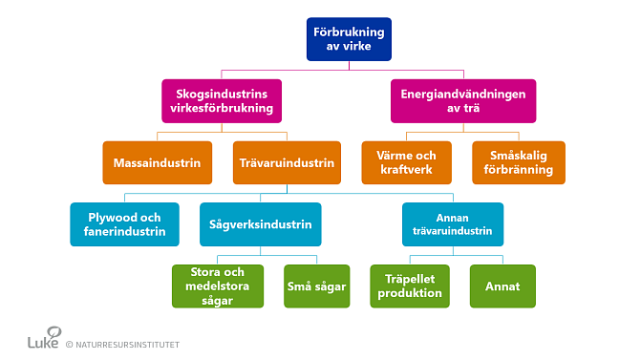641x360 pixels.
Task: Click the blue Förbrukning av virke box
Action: pos(349,39)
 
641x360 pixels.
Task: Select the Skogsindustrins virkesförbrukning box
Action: pos(222,100)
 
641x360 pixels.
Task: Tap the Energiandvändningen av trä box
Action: pos(463,100)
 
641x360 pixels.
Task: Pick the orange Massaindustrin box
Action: pos(157,162)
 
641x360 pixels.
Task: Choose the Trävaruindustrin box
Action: pos(286,162)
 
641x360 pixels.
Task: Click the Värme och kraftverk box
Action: pos(406,162)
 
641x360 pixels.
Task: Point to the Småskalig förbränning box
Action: pos(519,162)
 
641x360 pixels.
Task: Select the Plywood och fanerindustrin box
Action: pos(124,223)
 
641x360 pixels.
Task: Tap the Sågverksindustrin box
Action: pos(261,223)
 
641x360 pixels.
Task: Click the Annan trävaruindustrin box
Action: pos(452,223)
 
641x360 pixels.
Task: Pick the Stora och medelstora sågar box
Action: pos(219,286)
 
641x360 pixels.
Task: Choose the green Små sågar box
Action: pos(315,286)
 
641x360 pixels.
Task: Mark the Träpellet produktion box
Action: pos(409,286)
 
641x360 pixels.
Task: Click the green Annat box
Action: pos(502,286)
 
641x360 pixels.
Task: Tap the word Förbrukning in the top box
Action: pos(349,31)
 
